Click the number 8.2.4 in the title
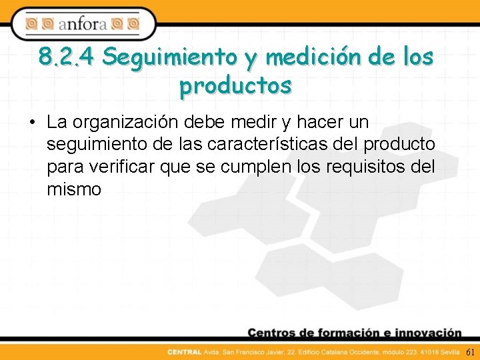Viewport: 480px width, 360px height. (x=67, y=57)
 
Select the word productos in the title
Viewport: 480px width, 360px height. (x=235, y=86)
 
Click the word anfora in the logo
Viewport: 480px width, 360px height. (x=83, y=25)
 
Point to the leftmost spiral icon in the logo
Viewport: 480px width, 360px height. (x=32, y=24)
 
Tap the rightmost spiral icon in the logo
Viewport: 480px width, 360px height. (x=133, y=24)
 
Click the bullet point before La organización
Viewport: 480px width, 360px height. (x=32, y=123)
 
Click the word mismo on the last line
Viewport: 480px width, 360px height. (x=74, y=190)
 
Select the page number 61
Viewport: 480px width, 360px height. (x=471, y=352)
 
